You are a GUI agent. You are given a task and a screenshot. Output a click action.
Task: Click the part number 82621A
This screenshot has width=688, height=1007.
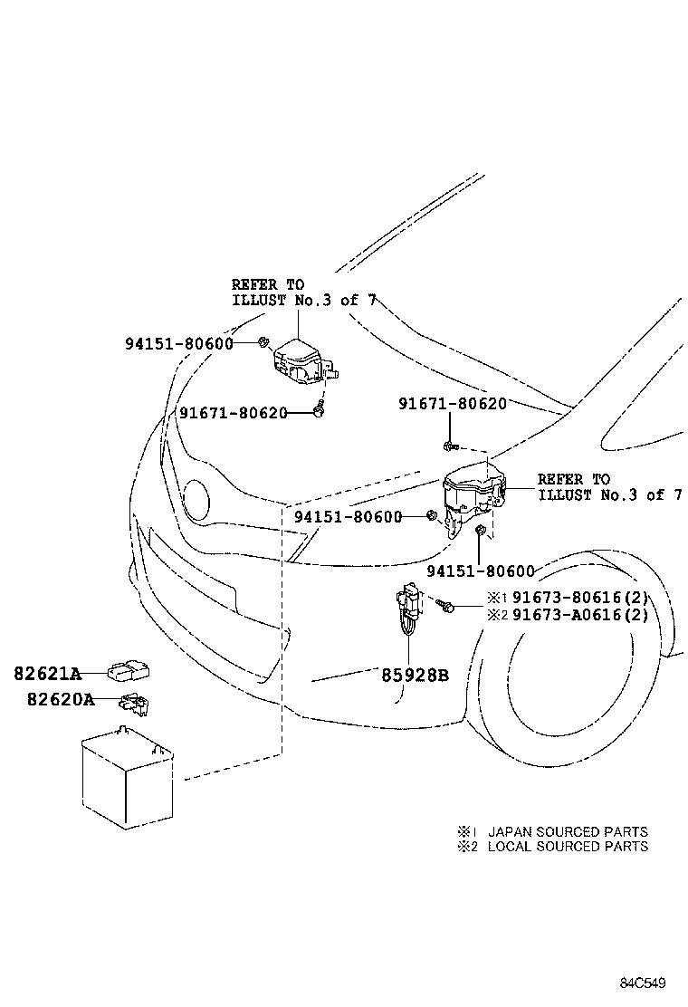(48, 674)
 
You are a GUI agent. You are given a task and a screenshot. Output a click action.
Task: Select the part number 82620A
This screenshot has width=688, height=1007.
(61, 699)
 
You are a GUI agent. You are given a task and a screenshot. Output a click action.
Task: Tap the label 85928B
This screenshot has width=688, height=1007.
(416, 676)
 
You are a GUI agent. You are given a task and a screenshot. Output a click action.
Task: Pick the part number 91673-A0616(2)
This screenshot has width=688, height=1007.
(580, 615)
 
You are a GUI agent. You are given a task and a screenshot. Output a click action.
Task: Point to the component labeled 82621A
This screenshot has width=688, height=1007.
(129, 672)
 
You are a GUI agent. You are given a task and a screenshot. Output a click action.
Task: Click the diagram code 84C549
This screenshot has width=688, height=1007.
(643, 983)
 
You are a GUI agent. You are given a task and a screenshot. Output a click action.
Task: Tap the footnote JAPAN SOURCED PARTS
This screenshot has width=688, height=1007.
(568, 831)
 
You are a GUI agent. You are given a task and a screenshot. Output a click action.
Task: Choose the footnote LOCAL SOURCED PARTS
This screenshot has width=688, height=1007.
(568, 847)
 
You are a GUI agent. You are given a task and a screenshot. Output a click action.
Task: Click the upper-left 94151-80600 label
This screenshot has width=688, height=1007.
(179, 343)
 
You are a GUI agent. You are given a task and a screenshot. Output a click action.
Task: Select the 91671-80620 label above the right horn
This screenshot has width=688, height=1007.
(453, 403)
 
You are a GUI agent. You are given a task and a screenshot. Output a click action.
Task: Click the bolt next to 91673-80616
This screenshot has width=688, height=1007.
(445, 605)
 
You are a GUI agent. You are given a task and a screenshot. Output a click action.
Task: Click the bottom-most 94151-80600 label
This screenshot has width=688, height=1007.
(481, 571)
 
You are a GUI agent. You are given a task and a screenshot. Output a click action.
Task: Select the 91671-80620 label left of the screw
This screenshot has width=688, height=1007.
(233, 412)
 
